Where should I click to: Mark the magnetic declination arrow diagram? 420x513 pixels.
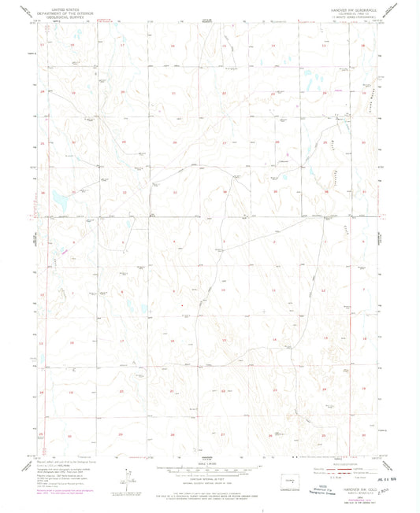pyautogui.click(x=128, y=478)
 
